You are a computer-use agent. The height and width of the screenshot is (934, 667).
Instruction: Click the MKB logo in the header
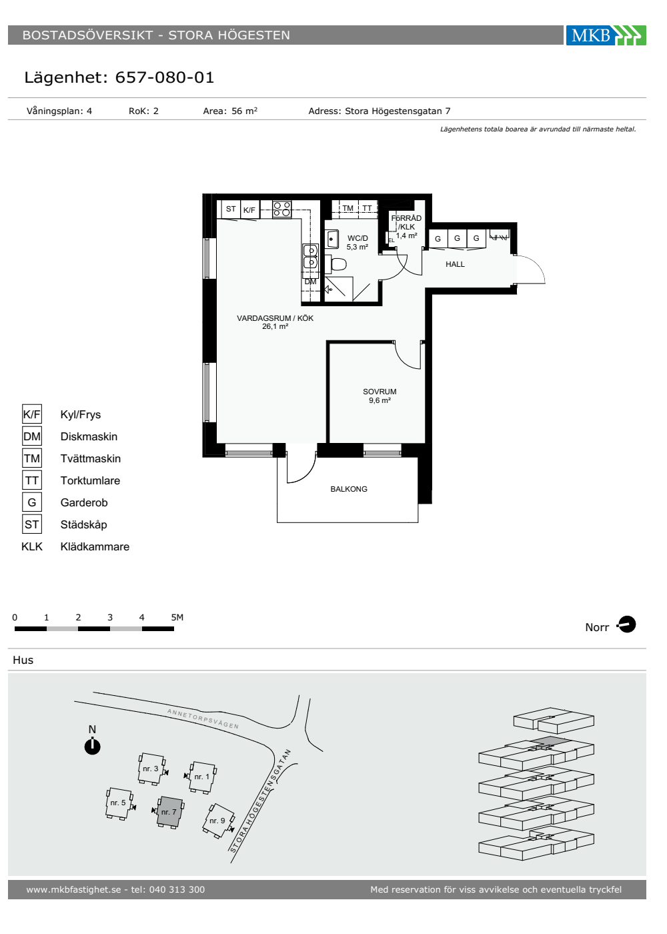click(x=606, y=35)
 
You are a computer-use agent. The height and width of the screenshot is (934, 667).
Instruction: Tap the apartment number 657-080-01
click(x=164, y=77)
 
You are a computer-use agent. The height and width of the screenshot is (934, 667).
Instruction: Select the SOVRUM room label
click(x=380, y=392)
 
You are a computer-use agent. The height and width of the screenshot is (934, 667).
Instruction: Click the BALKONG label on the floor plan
click(x=348, y=489)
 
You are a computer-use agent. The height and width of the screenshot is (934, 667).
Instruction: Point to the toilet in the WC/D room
click(x=336, y=264)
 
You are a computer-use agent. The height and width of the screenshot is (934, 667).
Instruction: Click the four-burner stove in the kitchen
click(x=281, y=209)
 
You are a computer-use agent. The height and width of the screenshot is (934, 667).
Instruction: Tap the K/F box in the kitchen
click(x=249, y=210)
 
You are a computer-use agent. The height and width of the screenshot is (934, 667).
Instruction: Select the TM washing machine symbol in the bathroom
click(x=348, y=208)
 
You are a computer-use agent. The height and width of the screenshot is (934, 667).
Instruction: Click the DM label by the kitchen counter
click(x=310, y=282)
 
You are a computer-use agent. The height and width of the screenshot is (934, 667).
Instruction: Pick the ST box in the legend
click(x=32, y=524)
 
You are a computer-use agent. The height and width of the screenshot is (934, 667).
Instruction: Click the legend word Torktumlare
click(x=90, y=480)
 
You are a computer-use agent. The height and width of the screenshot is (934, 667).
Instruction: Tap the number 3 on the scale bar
click(x=110, y=617)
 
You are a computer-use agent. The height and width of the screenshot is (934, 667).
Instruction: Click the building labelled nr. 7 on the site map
click(x=169, y=811)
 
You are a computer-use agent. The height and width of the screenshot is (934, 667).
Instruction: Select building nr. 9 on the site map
click(x=218, y=820)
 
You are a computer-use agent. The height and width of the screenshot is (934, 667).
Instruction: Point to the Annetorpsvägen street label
click(x=203, y=719)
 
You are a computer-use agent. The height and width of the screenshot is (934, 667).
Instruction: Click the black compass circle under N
click(x=92, y=746)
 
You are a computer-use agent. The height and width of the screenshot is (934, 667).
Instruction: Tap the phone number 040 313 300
click(x=177, y=889)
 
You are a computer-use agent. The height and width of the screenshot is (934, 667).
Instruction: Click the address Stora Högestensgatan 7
click(x=398, y=111)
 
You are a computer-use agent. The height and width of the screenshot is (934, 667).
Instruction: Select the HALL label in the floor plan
click(x=455, y=264)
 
